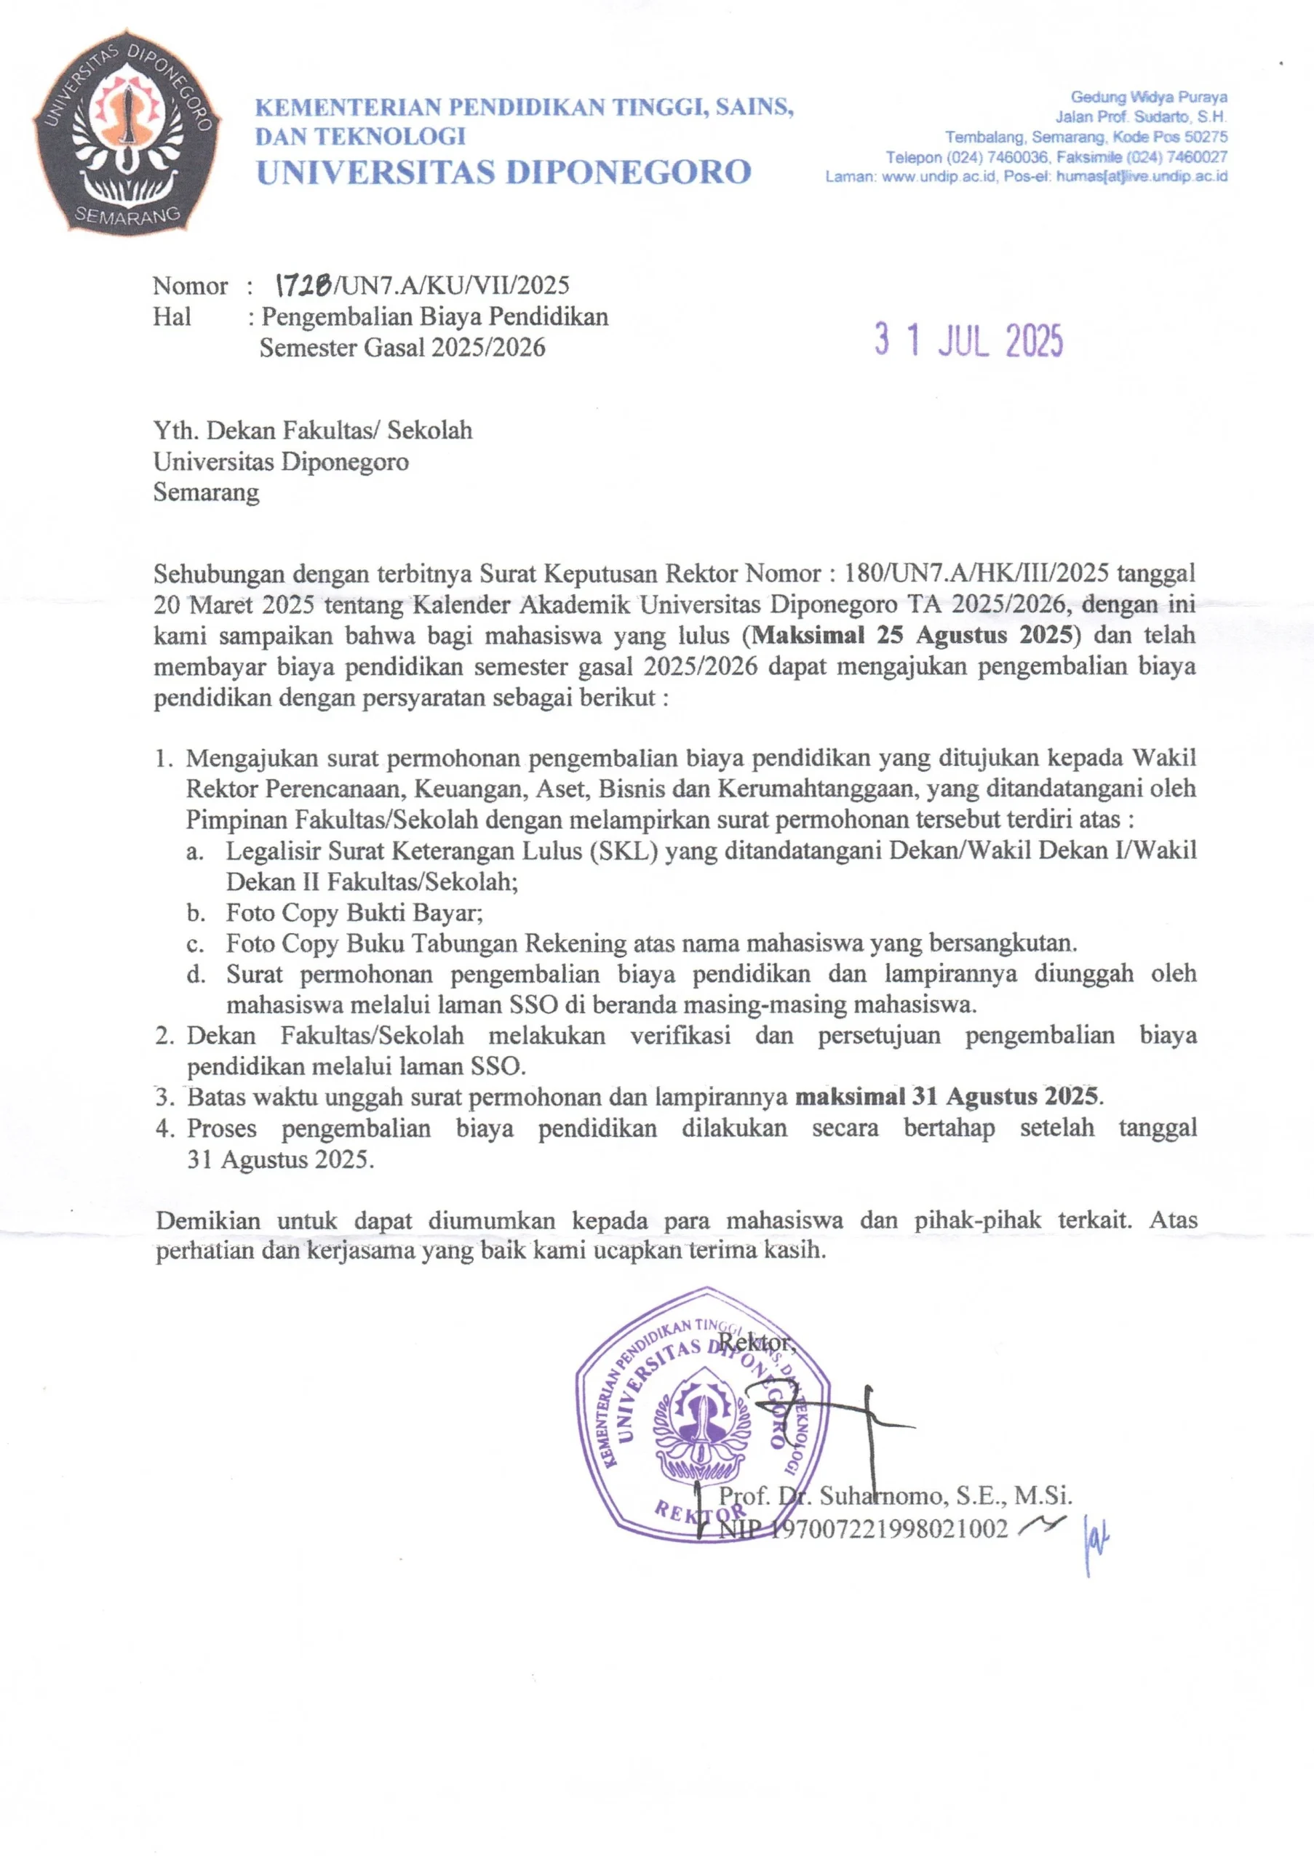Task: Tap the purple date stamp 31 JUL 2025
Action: coord(968,340)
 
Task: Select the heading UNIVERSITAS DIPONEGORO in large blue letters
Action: coord(503,172)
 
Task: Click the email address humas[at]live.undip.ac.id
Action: coord(1142,176)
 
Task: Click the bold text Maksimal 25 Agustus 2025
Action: coord(913,634)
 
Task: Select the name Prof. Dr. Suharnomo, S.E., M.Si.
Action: coord(896,1495)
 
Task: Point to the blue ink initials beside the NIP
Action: coord(1096,1538)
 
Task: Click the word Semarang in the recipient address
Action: coord(206,492)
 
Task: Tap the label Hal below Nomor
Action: coord(172,316)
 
